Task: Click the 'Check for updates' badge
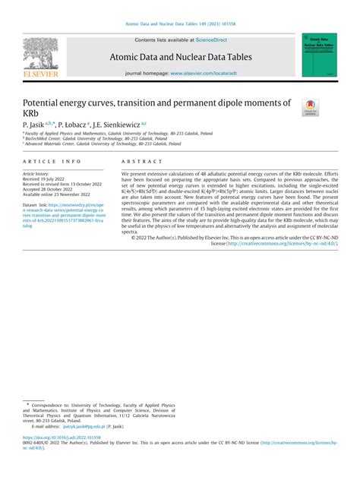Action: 310,107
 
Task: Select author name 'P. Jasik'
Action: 36,124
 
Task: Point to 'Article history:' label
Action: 39,173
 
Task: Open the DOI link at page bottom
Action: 68,437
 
